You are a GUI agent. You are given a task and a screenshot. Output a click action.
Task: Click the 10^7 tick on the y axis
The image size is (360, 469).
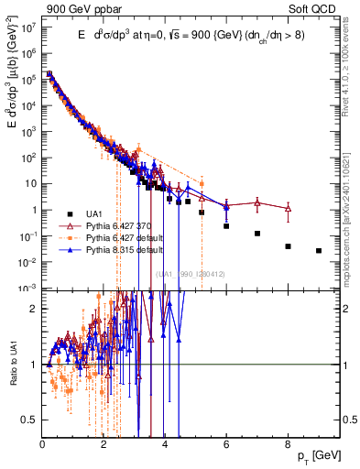coord(28,26)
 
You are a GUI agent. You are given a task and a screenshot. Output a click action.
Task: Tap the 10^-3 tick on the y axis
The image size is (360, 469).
coord(28,288)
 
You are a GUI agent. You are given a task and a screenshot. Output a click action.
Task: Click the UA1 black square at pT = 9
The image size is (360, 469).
coord(319,250)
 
